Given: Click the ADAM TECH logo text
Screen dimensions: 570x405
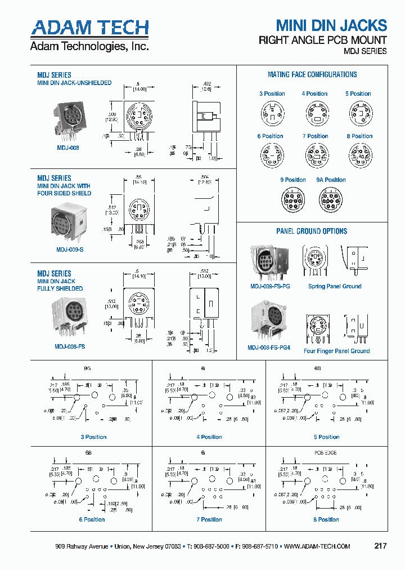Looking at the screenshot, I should [x=90, y=28].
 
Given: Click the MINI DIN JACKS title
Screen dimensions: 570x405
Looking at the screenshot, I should [x=331, y=25].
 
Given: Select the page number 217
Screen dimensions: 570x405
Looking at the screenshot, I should [x=380, y=546].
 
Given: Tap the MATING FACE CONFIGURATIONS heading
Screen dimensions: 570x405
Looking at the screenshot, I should [x=312, y=74].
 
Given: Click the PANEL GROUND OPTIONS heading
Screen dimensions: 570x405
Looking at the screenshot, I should [x=312, y=231].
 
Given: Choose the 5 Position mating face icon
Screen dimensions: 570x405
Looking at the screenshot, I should [x=358, y=112].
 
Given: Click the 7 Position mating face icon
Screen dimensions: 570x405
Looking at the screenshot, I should [x=315, y=154].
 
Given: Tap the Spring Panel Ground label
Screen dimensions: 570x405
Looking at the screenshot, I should [x=335, y=286].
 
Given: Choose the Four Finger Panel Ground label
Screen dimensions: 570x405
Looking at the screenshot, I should [x=336, y=351].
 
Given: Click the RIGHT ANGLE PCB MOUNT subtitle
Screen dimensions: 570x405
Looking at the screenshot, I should [x=322, y=40].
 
